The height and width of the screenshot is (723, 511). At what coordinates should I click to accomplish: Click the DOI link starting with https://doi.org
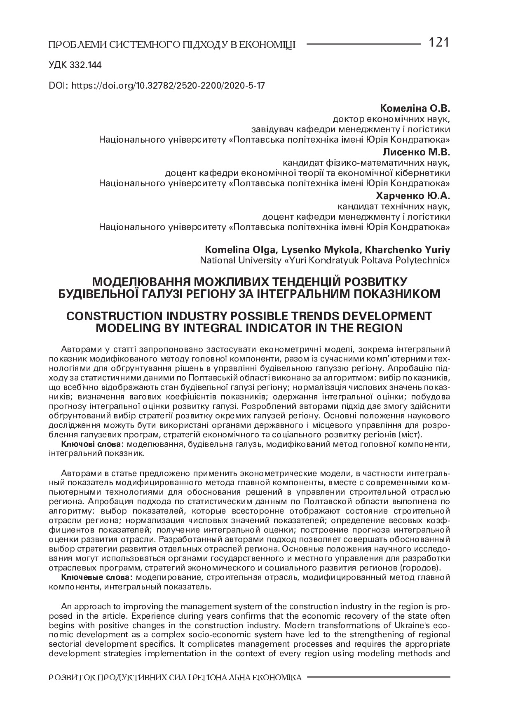coord(168,86)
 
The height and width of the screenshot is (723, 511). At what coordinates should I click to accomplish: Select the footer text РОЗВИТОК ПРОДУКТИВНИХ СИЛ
coord(117,677)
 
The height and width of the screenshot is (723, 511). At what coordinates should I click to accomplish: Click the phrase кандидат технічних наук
coord(394,206)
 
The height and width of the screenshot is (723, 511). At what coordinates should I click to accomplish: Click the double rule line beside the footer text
coord(379,677)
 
